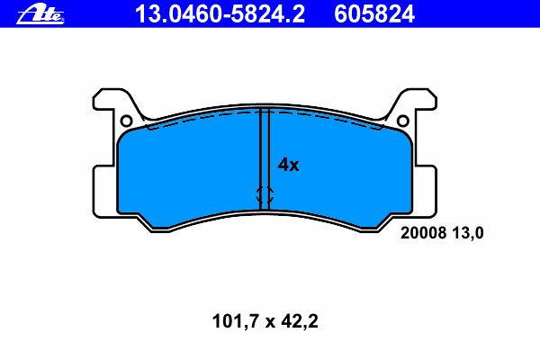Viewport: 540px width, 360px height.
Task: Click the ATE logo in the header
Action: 40,13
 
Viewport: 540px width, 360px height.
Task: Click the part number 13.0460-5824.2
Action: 220,14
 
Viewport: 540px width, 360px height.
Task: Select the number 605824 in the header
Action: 374,14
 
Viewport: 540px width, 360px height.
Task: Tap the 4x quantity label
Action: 288,165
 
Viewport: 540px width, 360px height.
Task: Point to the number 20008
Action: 423,233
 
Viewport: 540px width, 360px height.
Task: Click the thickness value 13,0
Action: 468,233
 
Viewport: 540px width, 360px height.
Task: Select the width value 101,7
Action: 236,321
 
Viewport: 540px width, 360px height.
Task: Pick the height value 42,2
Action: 300,321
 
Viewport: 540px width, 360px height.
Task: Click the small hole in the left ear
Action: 126,121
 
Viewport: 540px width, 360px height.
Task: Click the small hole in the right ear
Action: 403,121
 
